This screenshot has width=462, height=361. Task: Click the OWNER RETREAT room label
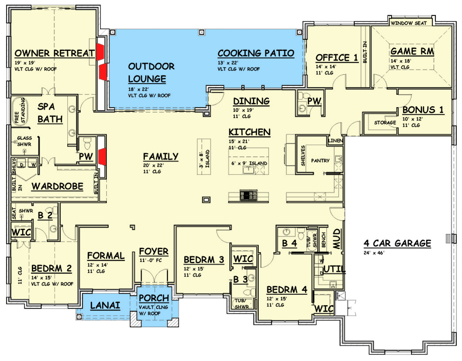coord(54,53)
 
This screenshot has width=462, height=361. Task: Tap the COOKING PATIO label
coord(255,53)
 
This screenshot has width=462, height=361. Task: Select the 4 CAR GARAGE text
coord(397,244)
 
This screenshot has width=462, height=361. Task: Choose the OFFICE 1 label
coord(336,57)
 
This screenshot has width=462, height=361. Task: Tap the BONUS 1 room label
coord(422,110)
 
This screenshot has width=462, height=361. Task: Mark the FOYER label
coord(153,251)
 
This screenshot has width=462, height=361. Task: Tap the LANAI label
coord(105,305)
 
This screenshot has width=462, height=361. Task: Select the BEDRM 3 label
coord(204,260)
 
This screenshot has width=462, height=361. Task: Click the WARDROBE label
coord(57,187)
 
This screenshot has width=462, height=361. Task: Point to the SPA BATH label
coord(50,113)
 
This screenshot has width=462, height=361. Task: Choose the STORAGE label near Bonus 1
coord(384,123)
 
